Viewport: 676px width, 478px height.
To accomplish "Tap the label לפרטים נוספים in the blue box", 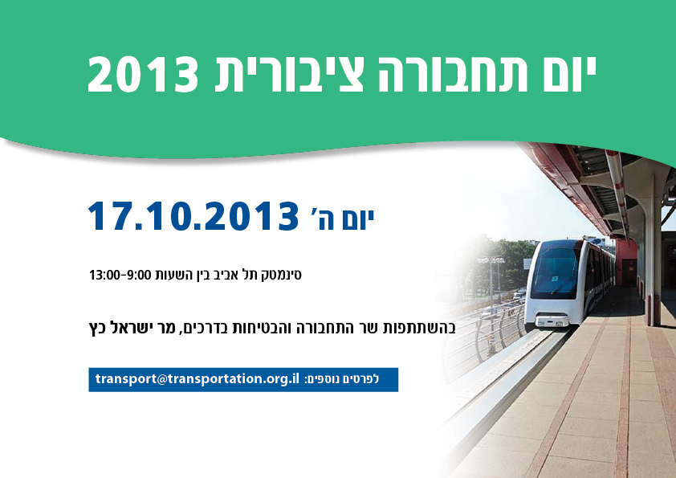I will coord(350,379).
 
